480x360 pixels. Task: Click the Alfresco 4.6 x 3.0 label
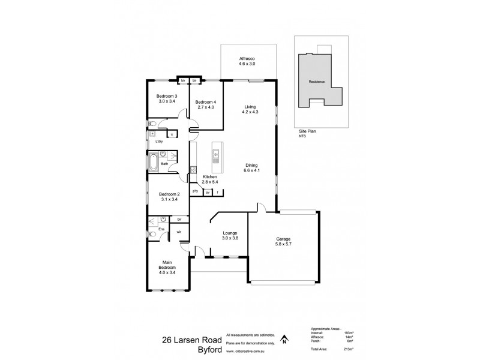tap(248, 60)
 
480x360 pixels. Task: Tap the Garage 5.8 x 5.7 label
tap(282, 239)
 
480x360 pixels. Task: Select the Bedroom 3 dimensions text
tap(167, 101)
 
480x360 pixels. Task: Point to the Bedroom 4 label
tap(206, 102)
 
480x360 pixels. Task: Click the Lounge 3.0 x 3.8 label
tap(230, 235)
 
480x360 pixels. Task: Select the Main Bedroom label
tap(167, 265)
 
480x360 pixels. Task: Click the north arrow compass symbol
tap(284, 340)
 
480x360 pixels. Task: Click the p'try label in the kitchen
tap(195, 192)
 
